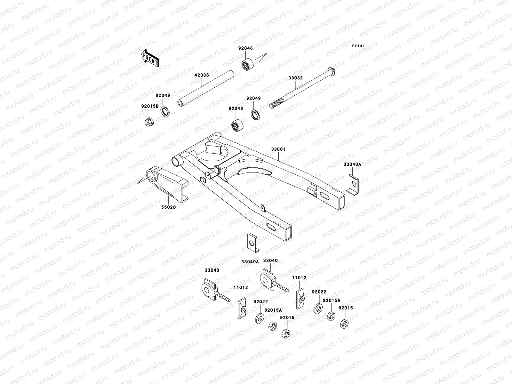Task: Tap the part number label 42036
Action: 201,75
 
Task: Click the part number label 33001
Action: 278,149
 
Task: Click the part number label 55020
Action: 168,207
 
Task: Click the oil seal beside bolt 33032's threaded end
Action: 255,115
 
